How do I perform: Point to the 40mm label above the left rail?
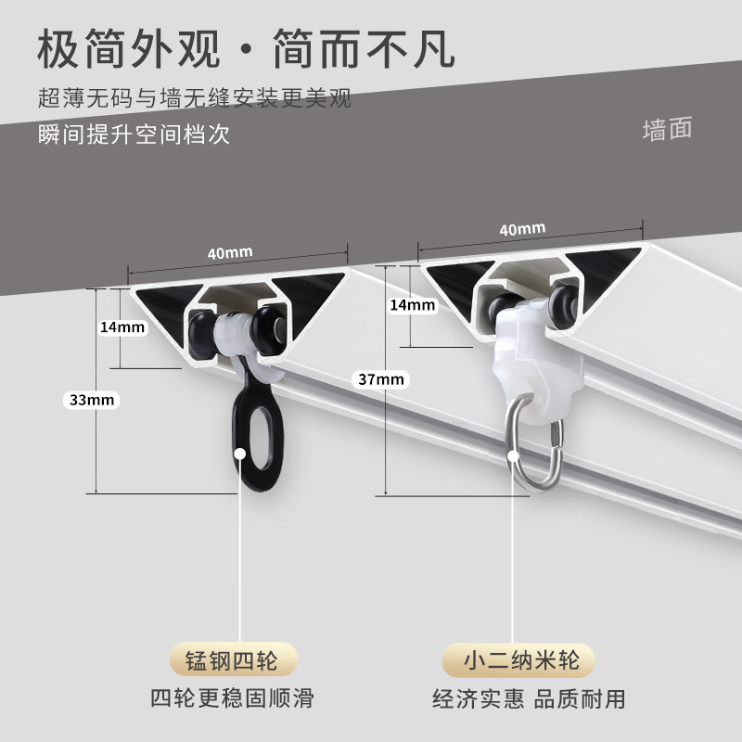click(x=230, y=251)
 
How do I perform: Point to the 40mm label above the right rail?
click(x=521, y=228)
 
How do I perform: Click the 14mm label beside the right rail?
click(x=412, y=304)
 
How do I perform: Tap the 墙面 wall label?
click(x=668, y=129)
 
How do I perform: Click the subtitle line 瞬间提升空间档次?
click(x=134, y=134)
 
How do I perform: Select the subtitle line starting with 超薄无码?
click(x=195, y=97)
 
